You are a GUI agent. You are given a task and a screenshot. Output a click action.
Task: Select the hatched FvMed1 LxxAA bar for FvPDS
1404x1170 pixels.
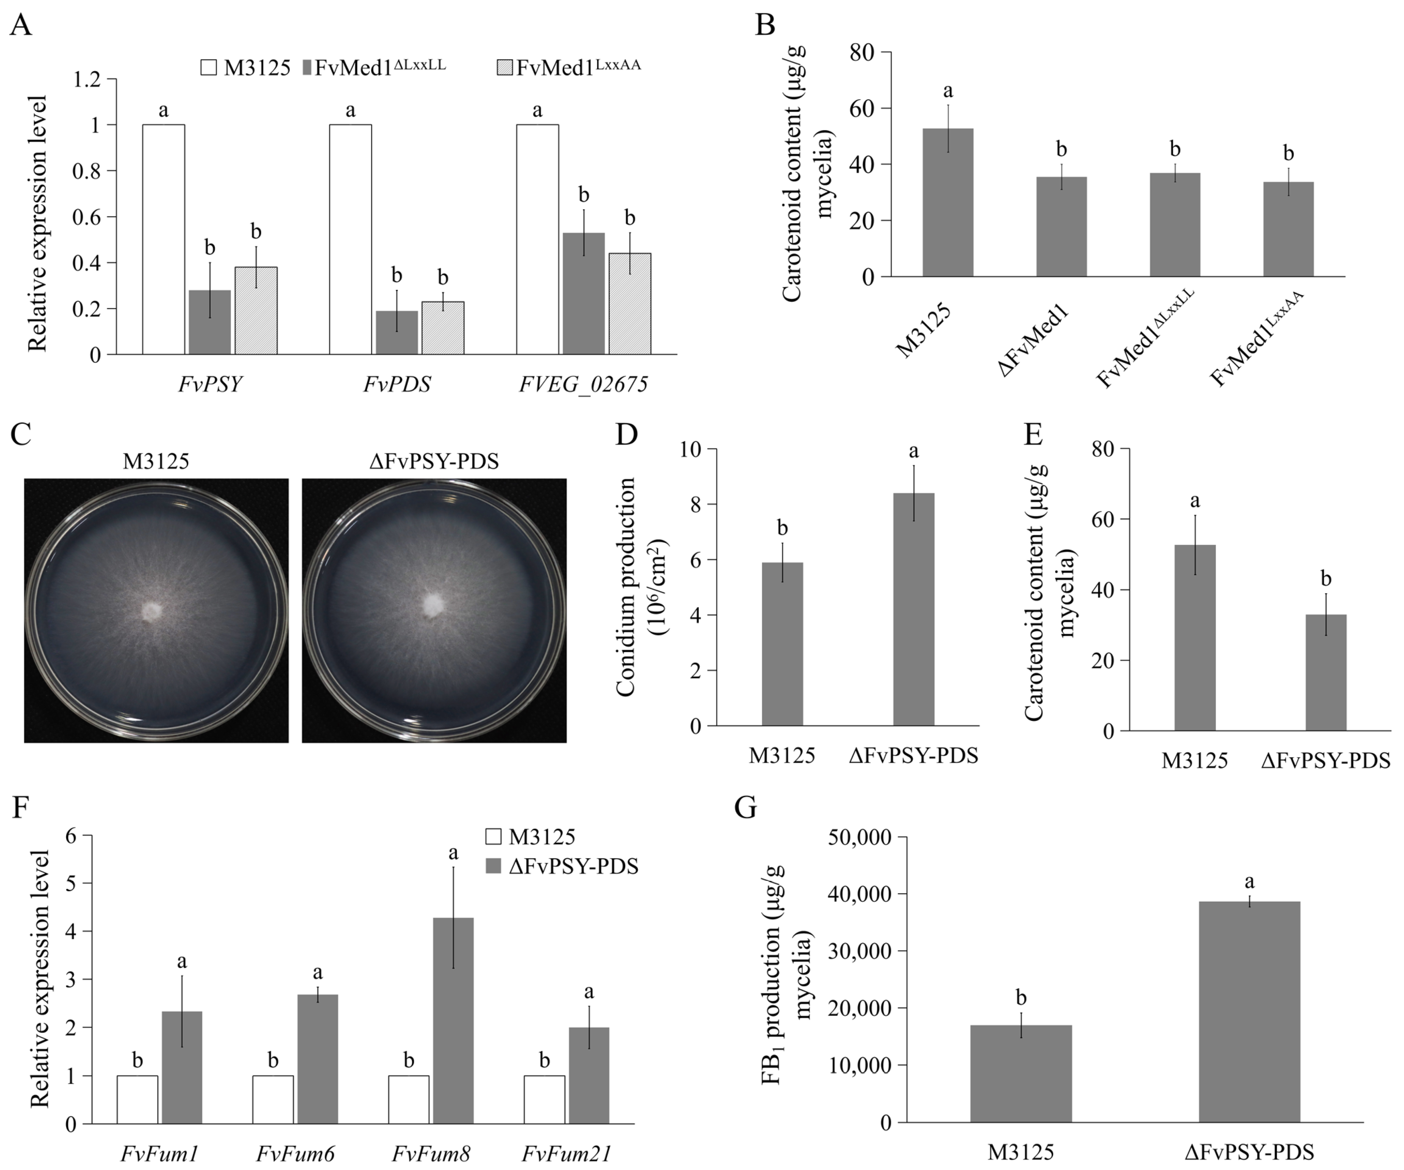[x=442, y=328]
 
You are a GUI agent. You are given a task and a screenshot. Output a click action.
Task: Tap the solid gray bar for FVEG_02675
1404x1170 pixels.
[x=584, y=294]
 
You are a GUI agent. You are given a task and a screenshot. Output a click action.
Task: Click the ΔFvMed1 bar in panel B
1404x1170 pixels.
[x=1061, y=227]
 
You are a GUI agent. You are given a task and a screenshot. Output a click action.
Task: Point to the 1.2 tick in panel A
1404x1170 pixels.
[x=86, y=80]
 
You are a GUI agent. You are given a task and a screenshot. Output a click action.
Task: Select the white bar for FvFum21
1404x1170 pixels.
[x=544, y=1099]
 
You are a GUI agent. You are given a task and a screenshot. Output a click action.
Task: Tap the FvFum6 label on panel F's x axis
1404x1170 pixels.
[x=295, y=1153]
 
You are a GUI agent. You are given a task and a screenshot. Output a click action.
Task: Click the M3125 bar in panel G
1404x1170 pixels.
[x=1021, y=1074]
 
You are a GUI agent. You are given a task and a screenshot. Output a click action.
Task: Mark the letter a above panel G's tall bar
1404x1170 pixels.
[x=1248, y=881]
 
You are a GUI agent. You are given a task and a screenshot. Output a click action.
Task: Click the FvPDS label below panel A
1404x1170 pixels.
[x=397, y=384]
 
